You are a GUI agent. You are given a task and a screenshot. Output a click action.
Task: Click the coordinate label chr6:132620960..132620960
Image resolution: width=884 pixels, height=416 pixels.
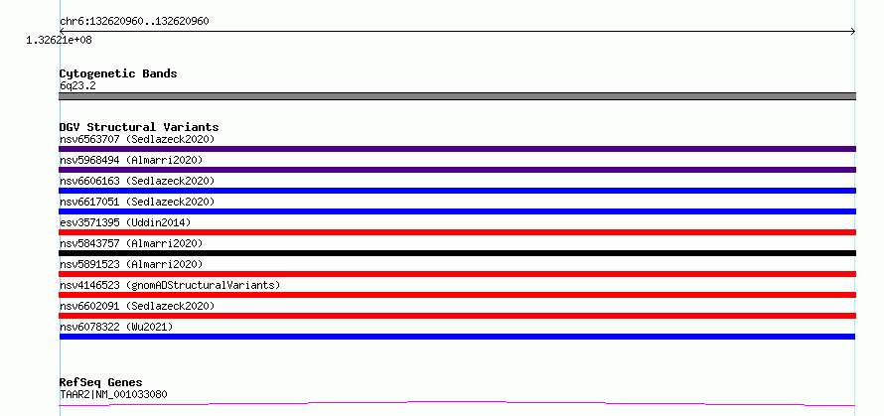[134, 22]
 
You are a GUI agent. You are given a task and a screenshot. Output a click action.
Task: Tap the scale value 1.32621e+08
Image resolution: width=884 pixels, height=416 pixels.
[59, 40]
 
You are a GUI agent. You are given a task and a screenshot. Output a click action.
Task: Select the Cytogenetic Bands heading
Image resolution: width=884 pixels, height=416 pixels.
[118, 73]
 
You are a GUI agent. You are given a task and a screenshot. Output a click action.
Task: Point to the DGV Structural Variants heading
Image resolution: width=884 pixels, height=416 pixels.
[139, 127]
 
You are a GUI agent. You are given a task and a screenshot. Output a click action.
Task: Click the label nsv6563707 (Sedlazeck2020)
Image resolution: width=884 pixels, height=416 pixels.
[137, 139]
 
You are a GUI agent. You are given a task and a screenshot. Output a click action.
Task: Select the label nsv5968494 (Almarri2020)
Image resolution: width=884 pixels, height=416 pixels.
[131, 160]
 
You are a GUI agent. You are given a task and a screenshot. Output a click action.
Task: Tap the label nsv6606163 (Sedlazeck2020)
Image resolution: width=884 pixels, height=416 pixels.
[137, 181]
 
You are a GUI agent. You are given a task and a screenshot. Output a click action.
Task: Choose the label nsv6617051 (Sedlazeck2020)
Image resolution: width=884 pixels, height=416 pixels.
[137, 202]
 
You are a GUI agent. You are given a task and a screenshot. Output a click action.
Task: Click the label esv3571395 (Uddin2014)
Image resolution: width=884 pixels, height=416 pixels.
[125, 222]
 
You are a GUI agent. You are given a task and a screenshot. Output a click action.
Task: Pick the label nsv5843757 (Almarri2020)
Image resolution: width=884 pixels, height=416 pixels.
[131, 243]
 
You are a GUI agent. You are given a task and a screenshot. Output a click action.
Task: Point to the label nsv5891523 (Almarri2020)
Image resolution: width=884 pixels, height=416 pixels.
[131, 264]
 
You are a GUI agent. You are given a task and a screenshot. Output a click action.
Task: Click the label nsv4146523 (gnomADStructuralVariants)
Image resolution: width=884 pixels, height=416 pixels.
[170, 285]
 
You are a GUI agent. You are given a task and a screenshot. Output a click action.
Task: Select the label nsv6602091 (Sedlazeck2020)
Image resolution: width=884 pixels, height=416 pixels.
[137, 306]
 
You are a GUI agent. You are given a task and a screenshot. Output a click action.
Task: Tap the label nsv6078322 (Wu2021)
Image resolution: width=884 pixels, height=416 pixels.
[116, 327]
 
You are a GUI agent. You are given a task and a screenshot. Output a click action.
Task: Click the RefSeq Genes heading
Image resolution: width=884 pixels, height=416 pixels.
[101, 383]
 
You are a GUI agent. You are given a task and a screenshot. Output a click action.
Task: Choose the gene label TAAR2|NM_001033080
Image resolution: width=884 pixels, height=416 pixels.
[113, 394]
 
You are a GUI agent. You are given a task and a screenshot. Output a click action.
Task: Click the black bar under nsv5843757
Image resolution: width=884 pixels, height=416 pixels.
[457, 253]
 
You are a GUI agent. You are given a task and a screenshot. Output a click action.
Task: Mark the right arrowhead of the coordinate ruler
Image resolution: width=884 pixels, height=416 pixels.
[853, 32]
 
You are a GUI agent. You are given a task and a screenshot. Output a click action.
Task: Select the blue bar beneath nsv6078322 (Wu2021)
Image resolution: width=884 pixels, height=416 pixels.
[457, 337]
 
